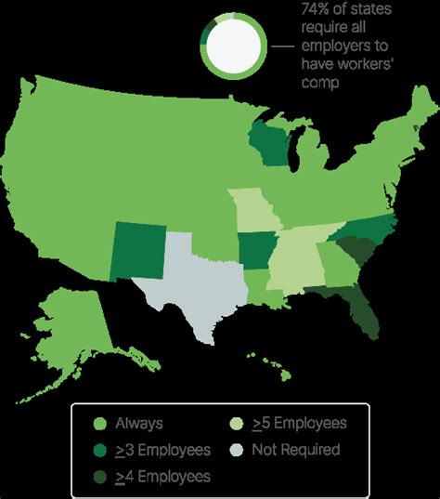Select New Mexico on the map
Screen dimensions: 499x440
pos(138,250)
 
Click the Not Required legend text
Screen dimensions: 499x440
pos(294,450)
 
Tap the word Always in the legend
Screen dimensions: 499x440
pos(139,425)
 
